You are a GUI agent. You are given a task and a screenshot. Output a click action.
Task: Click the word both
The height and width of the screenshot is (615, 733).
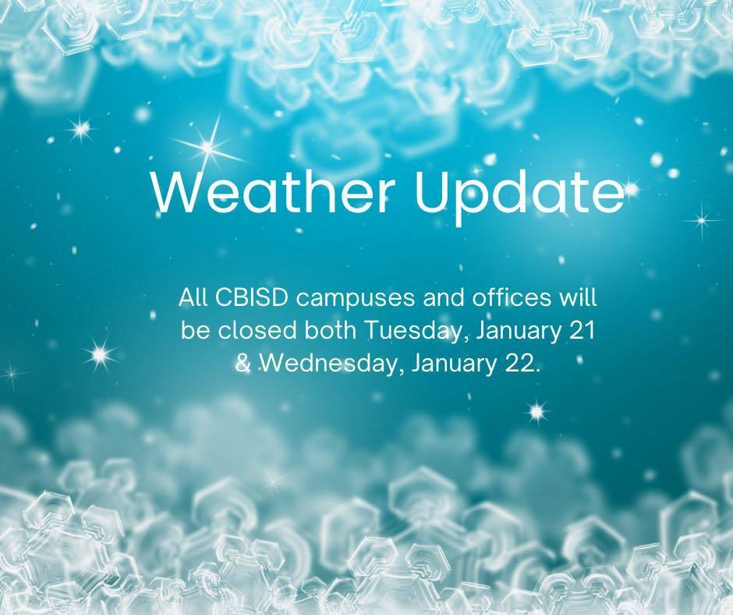[x=331, y=330]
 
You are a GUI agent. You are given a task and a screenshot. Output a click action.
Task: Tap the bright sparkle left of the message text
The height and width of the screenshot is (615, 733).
[x=99, y=354]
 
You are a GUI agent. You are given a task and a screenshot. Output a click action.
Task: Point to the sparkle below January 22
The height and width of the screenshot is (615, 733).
[x=536, y=410]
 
